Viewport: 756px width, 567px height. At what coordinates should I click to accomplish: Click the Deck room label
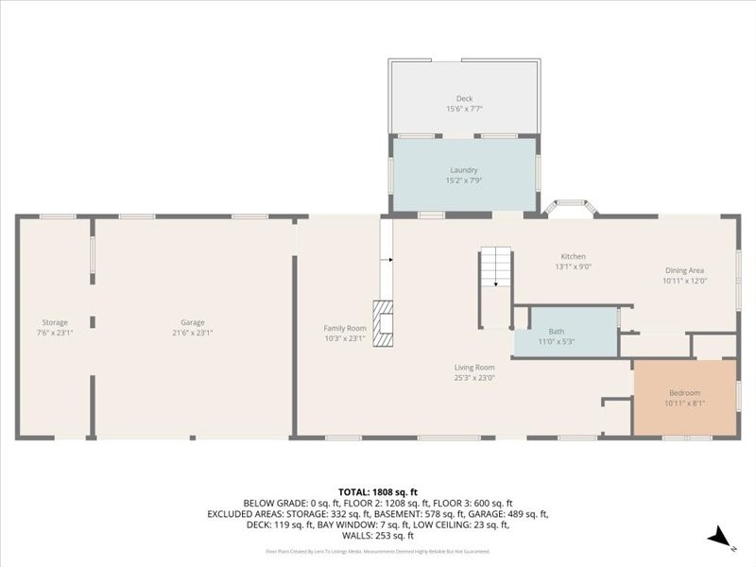[x=464, y=98]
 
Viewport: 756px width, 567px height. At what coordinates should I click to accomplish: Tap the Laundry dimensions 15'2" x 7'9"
[x=464, y=180]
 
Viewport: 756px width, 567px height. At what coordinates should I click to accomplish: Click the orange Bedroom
[x=684, y=397]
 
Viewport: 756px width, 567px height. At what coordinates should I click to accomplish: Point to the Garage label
[x=193, y=322]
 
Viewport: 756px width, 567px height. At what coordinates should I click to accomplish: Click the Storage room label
[x=55, y=322]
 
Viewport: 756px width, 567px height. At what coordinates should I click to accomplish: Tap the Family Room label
[x=344, y=328]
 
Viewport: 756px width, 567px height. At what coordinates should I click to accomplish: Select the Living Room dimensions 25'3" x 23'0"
[x=473, y=377]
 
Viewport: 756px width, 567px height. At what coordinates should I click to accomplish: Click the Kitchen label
[x=574, y=256]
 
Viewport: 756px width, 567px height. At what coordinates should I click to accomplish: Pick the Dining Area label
[x=685, y=269]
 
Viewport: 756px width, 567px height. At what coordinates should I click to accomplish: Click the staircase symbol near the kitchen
[x=495, y=270]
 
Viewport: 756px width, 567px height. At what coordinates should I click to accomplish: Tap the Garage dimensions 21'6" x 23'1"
[x=193, y=333]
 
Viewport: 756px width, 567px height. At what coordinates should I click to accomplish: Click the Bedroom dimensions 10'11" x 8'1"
[x=684, y=404]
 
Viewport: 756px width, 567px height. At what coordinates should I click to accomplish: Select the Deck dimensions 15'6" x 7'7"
[x=464, y=109]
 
